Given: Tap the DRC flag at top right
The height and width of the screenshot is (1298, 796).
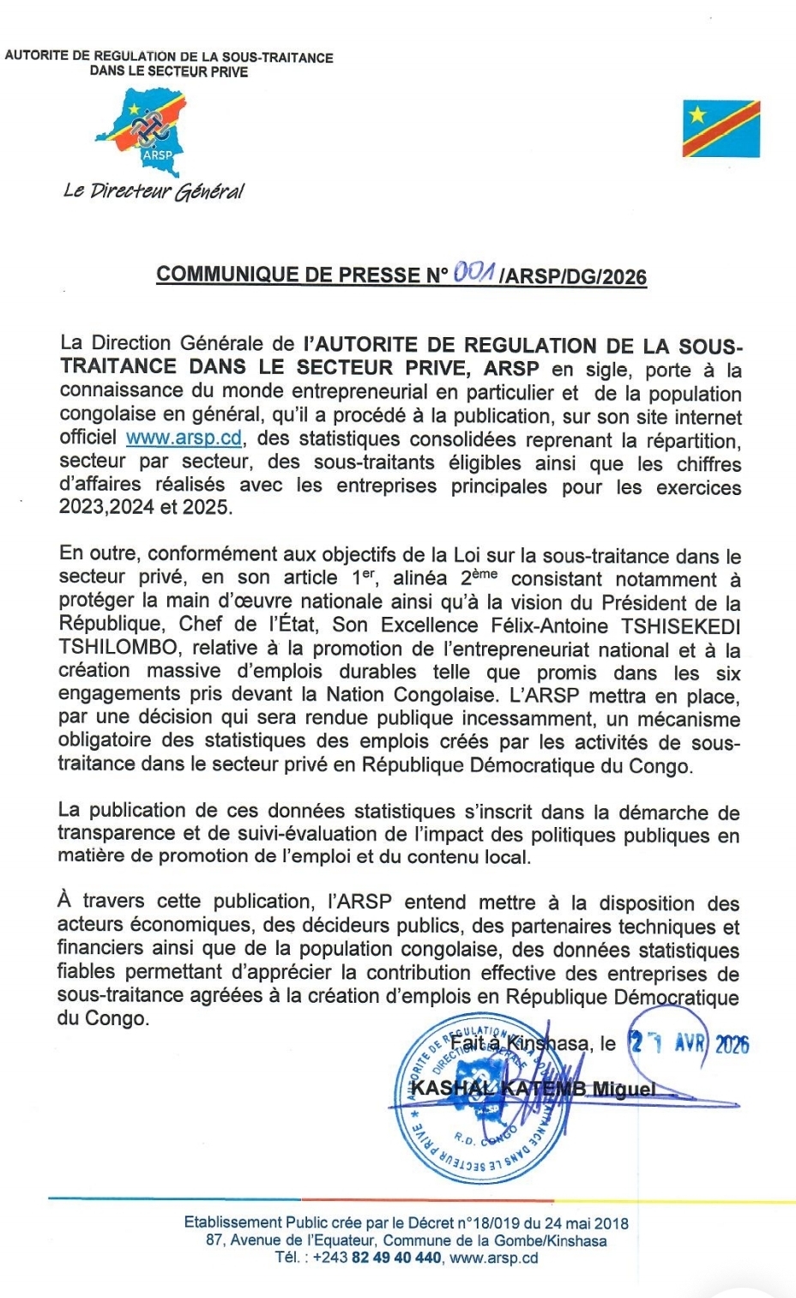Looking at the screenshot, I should point(721,129).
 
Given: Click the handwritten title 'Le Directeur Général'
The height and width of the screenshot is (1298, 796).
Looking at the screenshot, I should point(154,190).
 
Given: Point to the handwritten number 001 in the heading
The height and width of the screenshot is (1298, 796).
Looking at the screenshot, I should point(473,273).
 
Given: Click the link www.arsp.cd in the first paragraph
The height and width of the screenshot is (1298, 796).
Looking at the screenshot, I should point(184,438).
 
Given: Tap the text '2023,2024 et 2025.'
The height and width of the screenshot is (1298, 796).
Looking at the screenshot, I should point(145,507).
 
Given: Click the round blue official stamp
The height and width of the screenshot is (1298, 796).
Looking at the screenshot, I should point(485,1098).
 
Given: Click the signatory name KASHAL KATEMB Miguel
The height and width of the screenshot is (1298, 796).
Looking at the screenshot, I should point(533,1089).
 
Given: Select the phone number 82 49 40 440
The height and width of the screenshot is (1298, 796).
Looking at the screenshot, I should point(396,1258).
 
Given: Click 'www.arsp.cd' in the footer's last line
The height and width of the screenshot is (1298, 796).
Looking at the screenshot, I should point(494,1258).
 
